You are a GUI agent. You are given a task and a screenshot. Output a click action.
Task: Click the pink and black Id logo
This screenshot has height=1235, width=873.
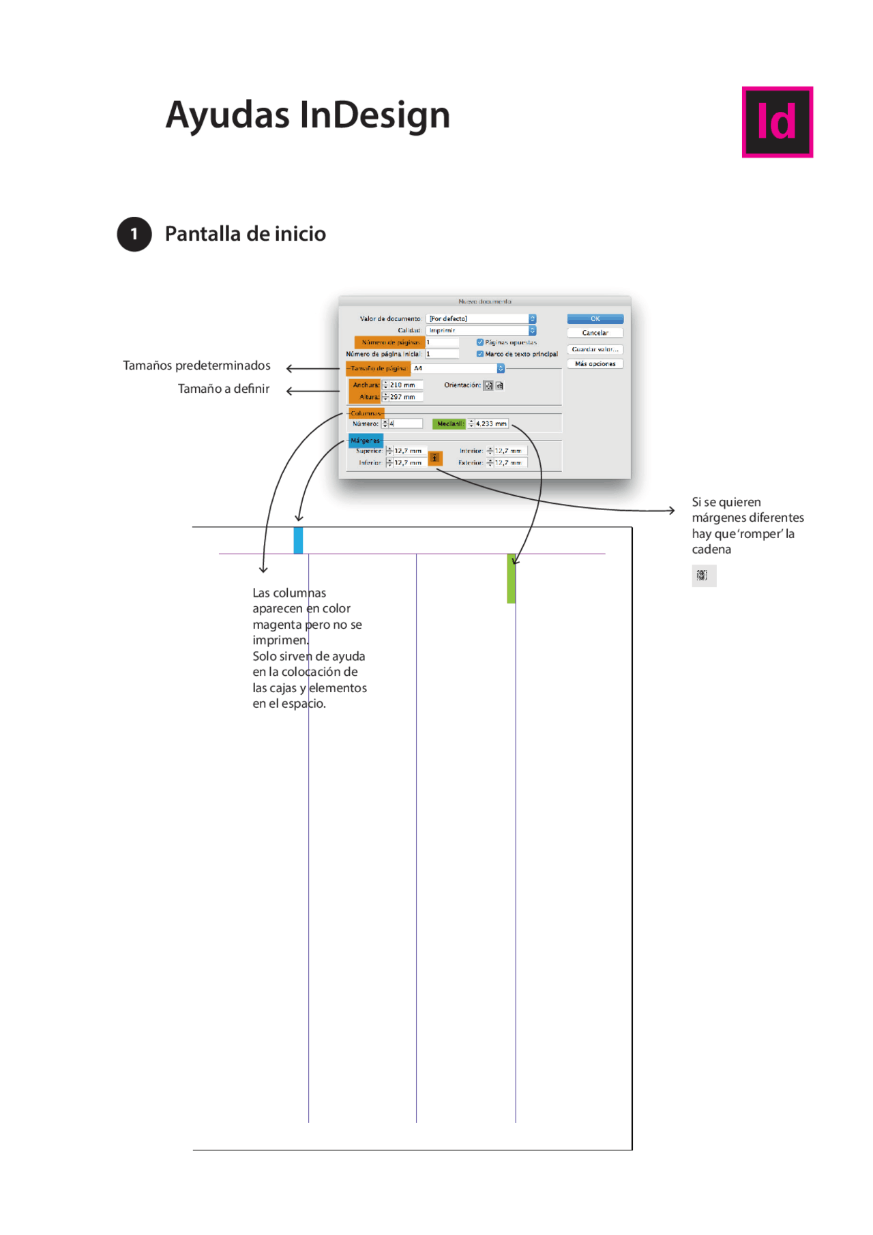pyautogui.click(x=777, y=122)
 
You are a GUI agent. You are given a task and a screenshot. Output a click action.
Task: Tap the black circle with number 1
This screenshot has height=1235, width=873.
pyautogui.click(x=134, y=234)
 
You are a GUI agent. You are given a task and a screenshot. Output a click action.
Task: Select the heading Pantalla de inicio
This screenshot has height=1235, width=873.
pyautogui.click(x=245, y=234)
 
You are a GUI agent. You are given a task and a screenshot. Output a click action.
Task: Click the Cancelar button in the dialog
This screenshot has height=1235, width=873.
pyautogui.click(x=595, y=333)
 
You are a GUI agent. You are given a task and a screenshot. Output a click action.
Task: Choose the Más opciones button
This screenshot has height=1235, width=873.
pyautogui.click(x=595, y=364)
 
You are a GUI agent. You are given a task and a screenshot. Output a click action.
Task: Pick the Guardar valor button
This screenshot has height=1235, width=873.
pyautogui.click(x=595, y=349)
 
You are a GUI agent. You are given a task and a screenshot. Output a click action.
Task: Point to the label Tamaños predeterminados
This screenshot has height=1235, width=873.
pyautogui.click(x=196, y=366)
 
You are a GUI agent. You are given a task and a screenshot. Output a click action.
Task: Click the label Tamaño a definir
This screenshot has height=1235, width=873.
pyautogui.click(x=224, y=389)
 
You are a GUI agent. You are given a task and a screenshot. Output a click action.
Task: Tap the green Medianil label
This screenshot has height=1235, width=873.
pyautogui.click(x=449, y=424)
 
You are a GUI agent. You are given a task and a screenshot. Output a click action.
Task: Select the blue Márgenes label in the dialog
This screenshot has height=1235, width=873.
pyautogui.click(x=366, y=441)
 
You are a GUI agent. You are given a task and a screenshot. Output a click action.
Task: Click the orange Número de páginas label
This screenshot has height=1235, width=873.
pyautogui.click(x=389, y=342)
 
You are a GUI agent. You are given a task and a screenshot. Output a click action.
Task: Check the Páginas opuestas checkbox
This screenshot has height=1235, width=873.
pyautogui.click(x=480, y=342)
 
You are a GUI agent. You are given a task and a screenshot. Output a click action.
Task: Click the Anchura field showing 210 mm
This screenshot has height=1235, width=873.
pyautogui.click(x=405, y=385)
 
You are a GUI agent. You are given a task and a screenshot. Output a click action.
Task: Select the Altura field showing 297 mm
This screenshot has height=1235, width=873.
pyautogui.click(x=405, y=397)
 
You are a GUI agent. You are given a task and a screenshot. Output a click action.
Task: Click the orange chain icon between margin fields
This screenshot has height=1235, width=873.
pyautogui.click(x=435, y=458)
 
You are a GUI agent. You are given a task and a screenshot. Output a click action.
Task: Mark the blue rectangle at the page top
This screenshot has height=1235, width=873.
pyautogui.click(x=298, y=540)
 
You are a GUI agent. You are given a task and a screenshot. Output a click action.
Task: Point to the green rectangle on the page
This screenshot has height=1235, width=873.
pyautogui.click(x=512, y=579)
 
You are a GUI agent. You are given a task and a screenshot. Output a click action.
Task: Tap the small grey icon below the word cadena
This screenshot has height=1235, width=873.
pyautogui.click(x=703, y=576)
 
